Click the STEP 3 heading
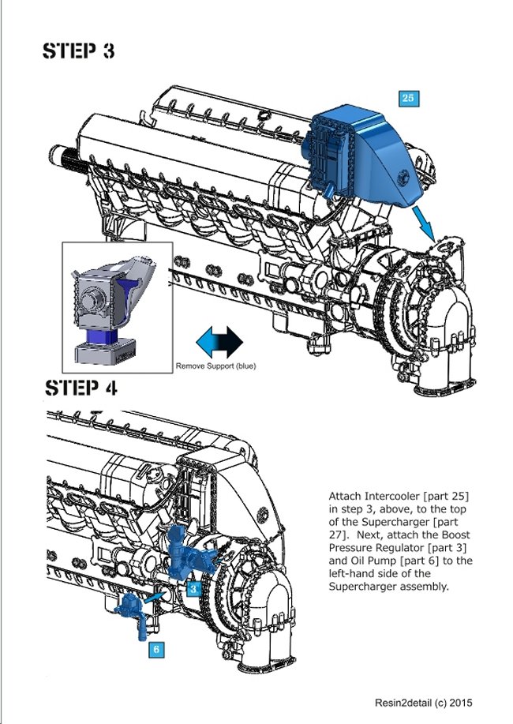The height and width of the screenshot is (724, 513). click(80, 51)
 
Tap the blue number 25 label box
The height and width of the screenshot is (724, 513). click(407, 99)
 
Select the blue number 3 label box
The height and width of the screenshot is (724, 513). click(192, 588)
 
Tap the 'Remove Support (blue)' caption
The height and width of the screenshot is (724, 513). click(215, 366)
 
